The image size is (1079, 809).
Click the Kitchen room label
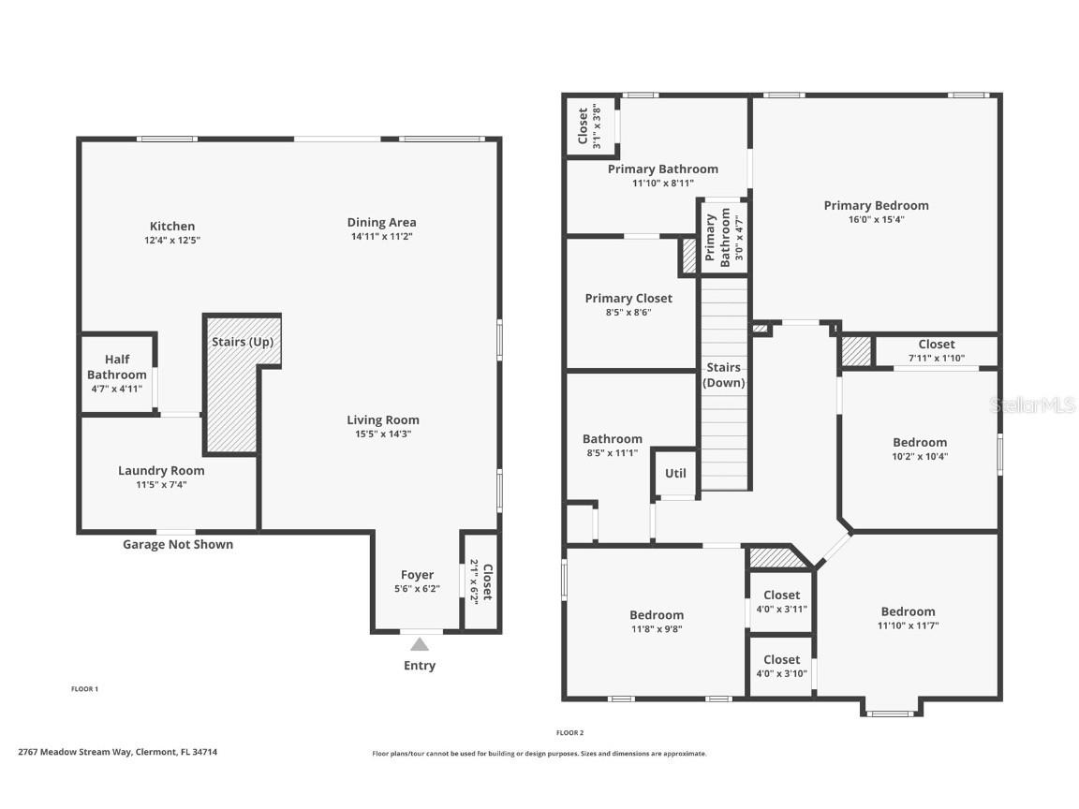point(172,226)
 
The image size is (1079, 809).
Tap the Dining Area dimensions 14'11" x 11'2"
point(380,237)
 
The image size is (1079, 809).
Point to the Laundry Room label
point(161,471)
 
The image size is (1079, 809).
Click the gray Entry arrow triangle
point(420,644)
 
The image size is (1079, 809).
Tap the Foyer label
point(417,575)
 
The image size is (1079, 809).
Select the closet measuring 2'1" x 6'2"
point(480,581)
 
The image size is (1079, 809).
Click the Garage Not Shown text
point(178,544)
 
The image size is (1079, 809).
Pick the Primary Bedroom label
point(876,205)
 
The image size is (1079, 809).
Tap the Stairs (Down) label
point(724,375)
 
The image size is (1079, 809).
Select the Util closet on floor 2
point(675,474)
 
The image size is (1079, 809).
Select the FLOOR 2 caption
point(569,733)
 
